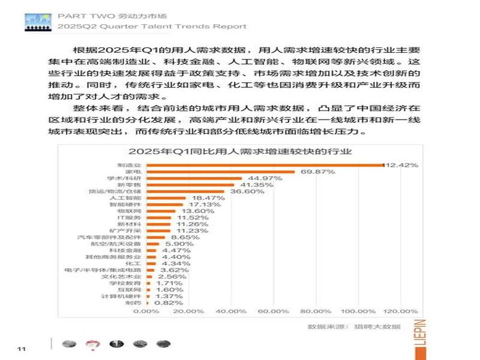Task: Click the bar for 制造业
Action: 264,165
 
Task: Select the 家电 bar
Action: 220,172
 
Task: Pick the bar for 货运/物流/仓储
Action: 185,191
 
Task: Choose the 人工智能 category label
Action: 128,198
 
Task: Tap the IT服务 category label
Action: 130,218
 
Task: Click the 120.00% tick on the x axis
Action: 383,312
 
